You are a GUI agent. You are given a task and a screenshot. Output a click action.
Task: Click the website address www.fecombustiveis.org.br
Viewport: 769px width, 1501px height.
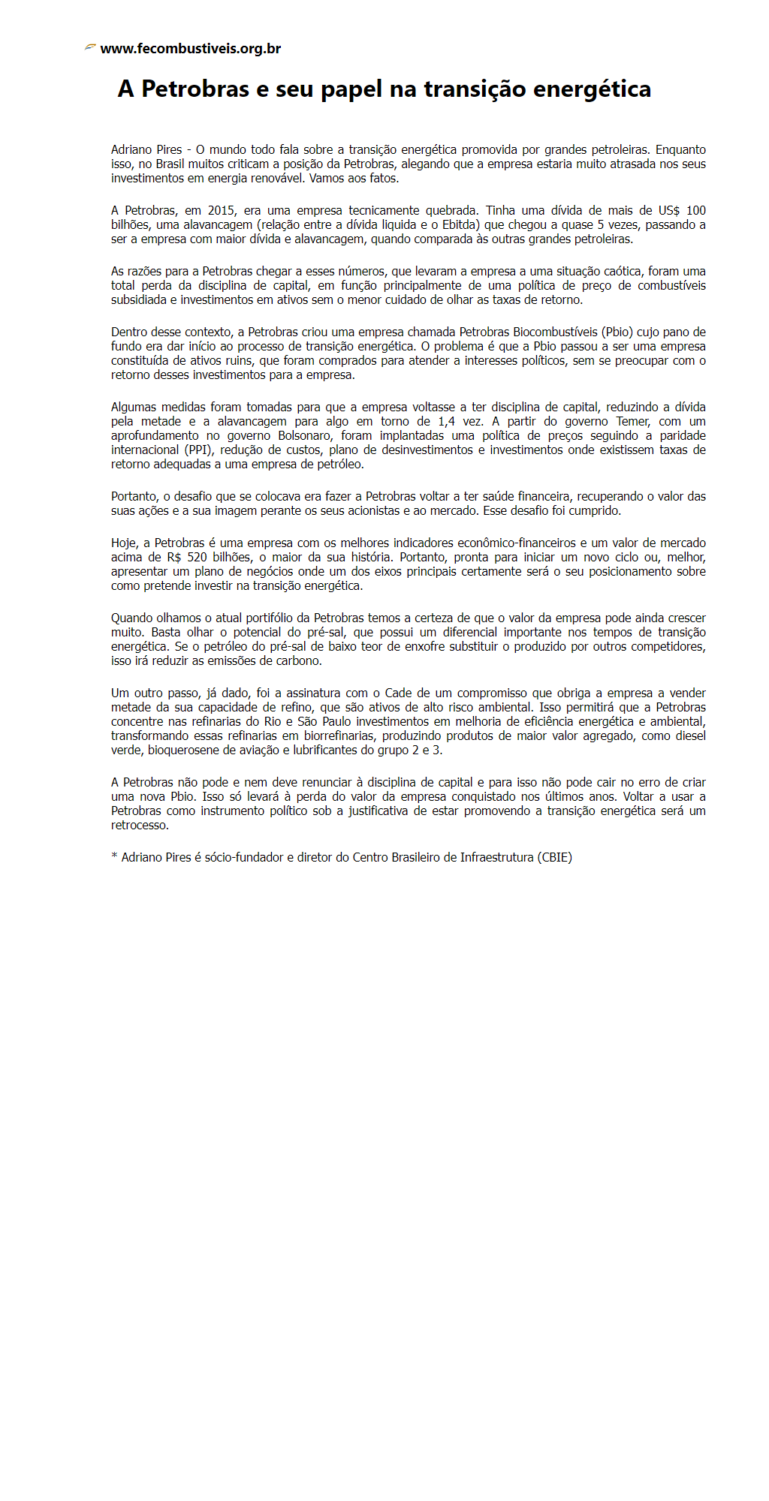coord(190,49)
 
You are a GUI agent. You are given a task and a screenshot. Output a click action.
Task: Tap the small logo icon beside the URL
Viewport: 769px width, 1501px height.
coord(90,47)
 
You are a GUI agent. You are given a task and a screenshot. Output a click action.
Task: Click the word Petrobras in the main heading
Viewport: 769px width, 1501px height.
coord(195,89)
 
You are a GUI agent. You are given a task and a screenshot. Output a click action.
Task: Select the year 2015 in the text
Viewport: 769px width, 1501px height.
coord(222,210)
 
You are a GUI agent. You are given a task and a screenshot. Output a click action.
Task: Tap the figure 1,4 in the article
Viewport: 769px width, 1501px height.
coord(446,421)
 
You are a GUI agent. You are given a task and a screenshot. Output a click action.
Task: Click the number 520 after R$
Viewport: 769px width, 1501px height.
coord(198,557)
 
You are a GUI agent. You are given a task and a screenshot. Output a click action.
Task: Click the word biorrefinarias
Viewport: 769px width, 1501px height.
coord(339,735)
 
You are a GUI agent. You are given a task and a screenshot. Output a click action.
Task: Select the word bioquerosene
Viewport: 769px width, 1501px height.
coord(182,750)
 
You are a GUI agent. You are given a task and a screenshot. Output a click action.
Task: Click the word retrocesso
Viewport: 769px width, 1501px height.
coord(140,825)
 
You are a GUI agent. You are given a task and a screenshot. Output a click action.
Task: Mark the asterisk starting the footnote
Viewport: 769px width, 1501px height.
coord(114,856)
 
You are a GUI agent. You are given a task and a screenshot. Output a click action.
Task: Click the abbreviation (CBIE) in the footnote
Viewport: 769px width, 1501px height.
coord(554,857)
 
